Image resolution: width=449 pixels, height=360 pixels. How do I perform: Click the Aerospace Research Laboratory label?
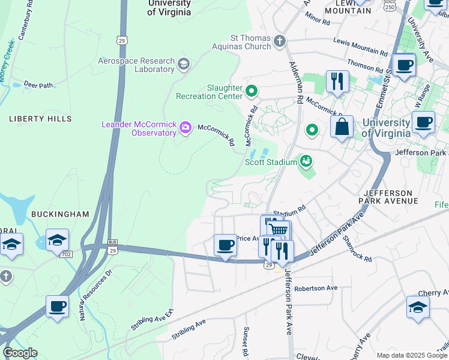[x=137, y=65]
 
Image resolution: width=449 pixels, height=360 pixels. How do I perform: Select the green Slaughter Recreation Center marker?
[x=251, y=92]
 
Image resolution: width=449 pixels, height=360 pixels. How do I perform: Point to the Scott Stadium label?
[x=271, y=162]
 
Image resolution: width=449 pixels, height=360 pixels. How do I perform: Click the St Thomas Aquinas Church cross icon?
[x=279, y=41]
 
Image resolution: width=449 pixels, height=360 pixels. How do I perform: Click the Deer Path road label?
[x=38, y=85]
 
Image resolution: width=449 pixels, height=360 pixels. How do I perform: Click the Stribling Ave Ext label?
[x=152, y=320]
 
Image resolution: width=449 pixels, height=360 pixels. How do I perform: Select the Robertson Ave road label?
[x=316, y=288]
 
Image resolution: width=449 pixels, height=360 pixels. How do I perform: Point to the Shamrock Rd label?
[x=357, y=247]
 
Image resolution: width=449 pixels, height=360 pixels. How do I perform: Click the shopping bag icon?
[x=342, y=127]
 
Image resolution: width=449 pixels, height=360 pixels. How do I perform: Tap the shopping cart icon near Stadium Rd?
[x=278, y=230]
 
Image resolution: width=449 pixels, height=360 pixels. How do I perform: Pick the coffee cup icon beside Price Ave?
[x=226, y=245]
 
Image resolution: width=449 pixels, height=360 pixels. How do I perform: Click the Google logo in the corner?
[x=20, y=353]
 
